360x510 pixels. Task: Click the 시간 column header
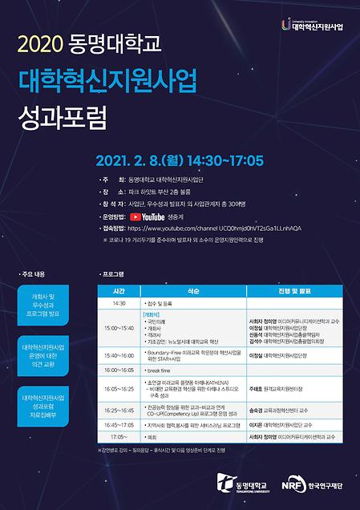click(119, 291)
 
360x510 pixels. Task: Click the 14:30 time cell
click(119, 304)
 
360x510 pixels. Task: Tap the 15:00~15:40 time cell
click(119, 328)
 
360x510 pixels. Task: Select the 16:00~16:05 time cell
click(119, 370)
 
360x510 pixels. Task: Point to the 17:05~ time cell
click(119, 436)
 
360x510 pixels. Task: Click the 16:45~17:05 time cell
click(119, 424)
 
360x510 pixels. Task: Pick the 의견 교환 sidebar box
click(47, 350)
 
